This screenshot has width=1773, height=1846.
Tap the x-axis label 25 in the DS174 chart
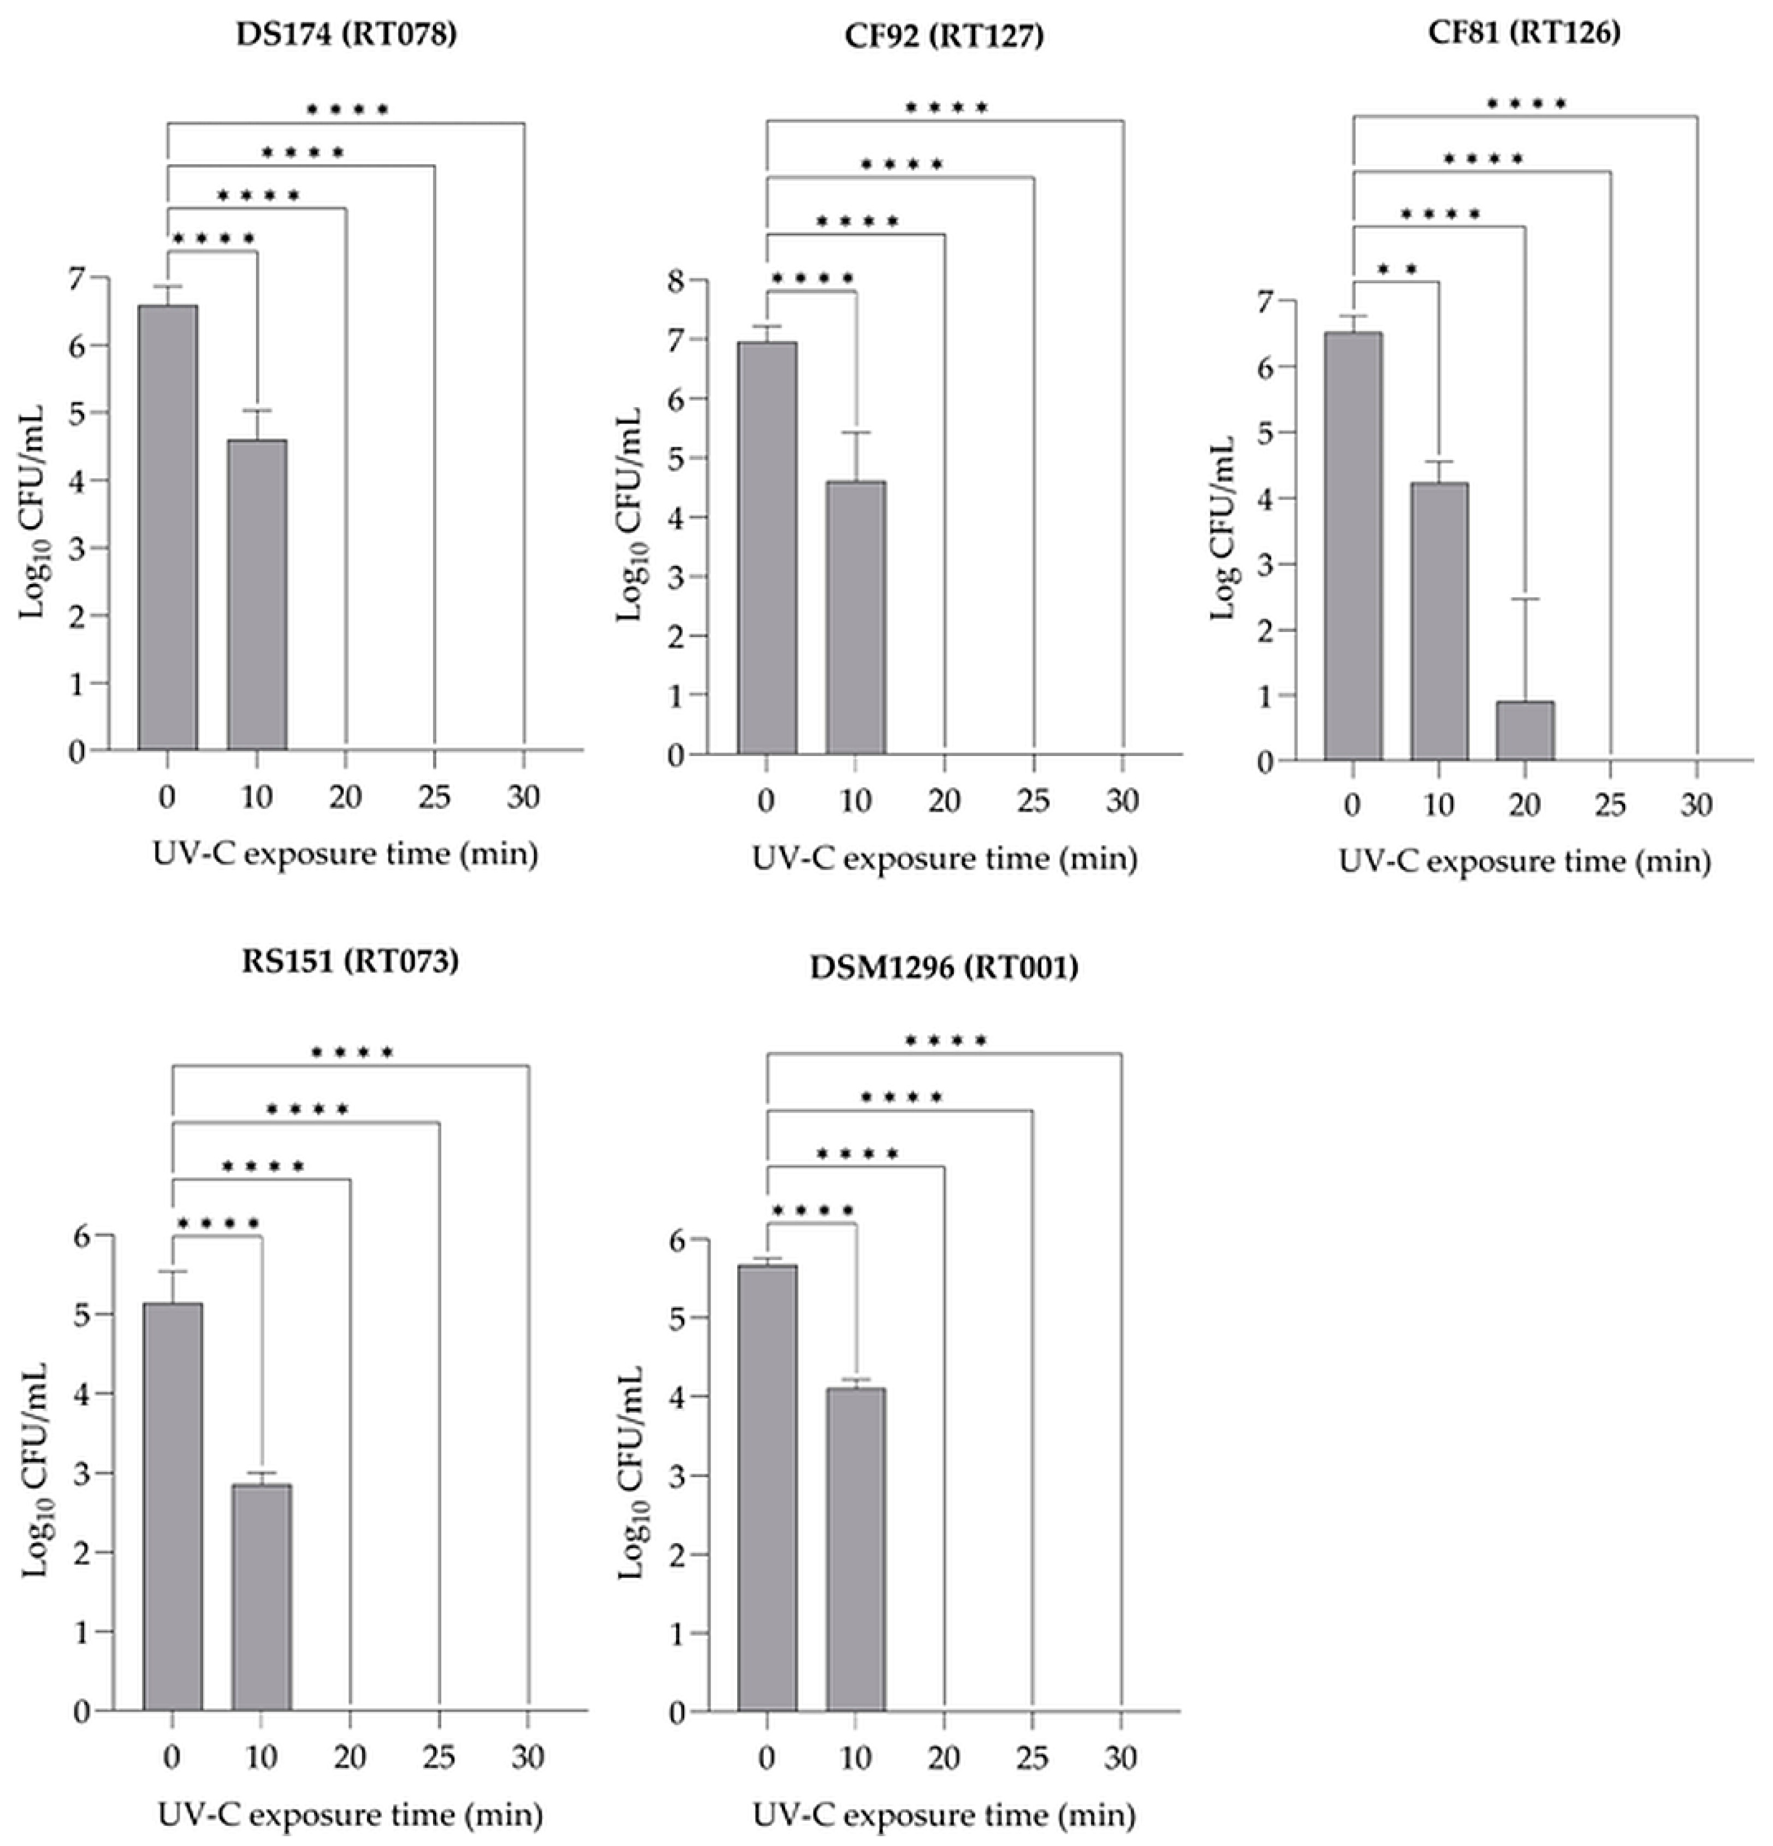click(434, 798)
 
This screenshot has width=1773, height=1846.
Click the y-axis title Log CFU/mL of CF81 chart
click(1223, 527)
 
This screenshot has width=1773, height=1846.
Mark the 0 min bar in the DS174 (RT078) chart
click(168, 527)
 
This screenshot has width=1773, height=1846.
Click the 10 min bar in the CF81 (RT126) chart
click(1439, 622)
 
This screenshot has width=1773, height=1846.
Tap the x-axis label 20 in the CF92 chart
click(944, 801)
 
